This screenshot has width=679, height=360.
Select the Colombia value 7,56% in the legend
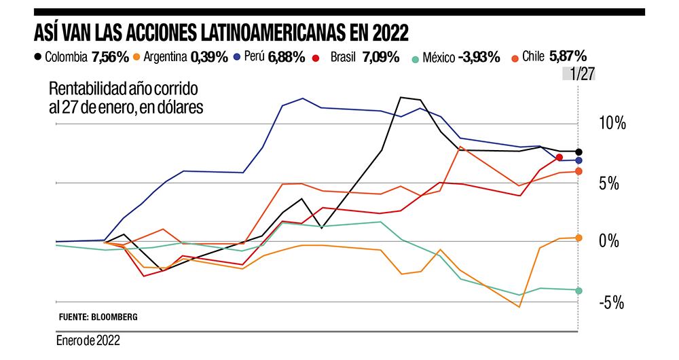pos(110,57)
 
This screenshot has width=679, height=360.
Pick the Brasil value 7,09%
pos(381,57)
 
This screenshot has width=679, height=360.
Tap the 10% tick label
pos(610,124)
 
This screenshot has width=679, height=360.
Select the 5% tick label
pos(610,183)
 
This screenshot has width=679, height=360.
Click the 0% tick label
pos(610,242)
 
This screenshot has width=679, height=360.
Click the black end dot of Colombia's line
pos(579,151)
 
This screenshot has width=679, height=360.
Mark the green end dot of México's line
pos(579,291)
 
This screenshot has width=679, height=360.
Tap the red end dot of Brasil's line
pos(559,158)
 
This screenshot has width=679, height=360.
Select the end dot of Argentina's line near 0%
pos(579,238)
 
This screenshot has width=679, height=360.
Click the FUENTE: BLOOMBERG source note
pos(98,317)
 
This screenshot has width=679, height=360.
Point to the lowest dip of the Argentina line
pos(519,307)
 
